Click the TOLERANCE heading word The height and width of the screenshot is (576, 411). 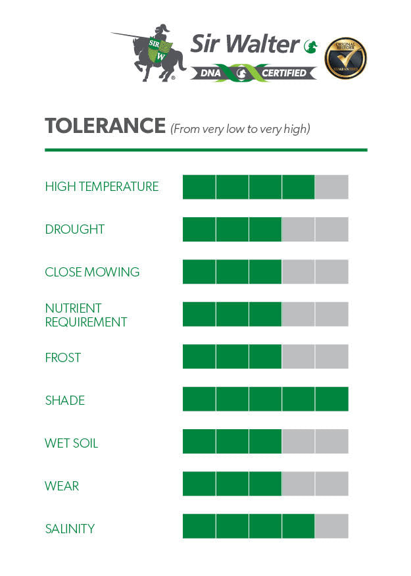coord(105,126)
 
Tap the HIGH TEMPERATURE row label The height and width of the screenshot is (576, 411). coord(102,187)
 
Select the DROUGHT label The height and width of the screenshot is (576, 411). coord(75,230)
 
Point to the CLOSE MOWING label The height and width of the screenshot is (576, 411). coord(92,273)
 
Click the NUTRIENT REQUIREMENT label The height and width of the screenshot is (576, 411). coord(85,315)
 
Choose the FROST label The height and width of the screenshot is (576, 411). coord(63,358)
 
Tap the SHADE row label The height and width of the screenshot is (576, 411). coord(65,401)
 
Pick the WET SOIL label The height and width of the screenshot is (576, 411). coord(72,444)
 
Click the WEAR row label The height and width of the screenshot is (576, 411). coord(62,486)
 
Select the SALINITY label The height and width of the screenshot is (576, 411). coord(70,529)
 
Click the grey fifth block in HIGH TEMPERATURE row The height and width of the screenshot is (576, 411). coord(331,187)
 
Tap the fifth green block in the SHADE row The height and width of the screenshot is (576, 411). coord(331,400)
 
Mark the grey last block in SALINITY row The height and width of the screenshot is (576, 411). coord(331,527)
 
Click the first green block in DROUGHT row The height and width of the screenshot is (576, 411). coord(199,229)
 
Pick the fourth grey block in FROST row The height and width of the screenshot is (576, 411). coord(299,357)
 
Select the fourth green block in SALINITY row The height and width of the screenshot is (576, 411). coord(299,527)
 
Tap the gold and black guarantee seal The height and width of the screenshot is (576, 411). coord(346,58)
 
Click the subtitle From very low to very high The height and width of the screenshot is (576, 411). coord(239,129)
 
